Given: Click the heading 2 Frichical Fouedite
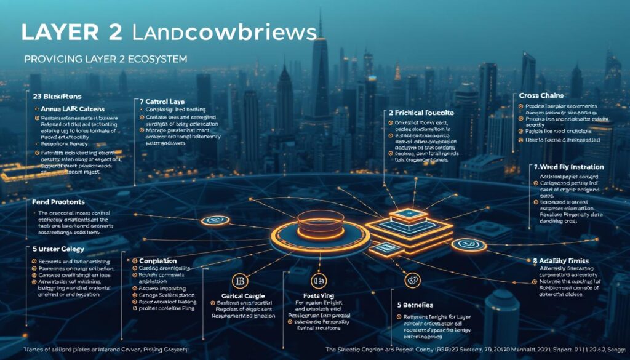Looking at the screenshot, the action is coord(421,113).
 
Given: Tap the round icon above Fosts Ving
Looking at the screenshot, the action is coord(317,281).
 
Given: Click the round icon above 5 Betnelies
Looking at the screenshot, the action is coord(411,281).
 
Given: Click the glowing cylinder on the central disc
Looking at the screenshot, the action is coord(320,223).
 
